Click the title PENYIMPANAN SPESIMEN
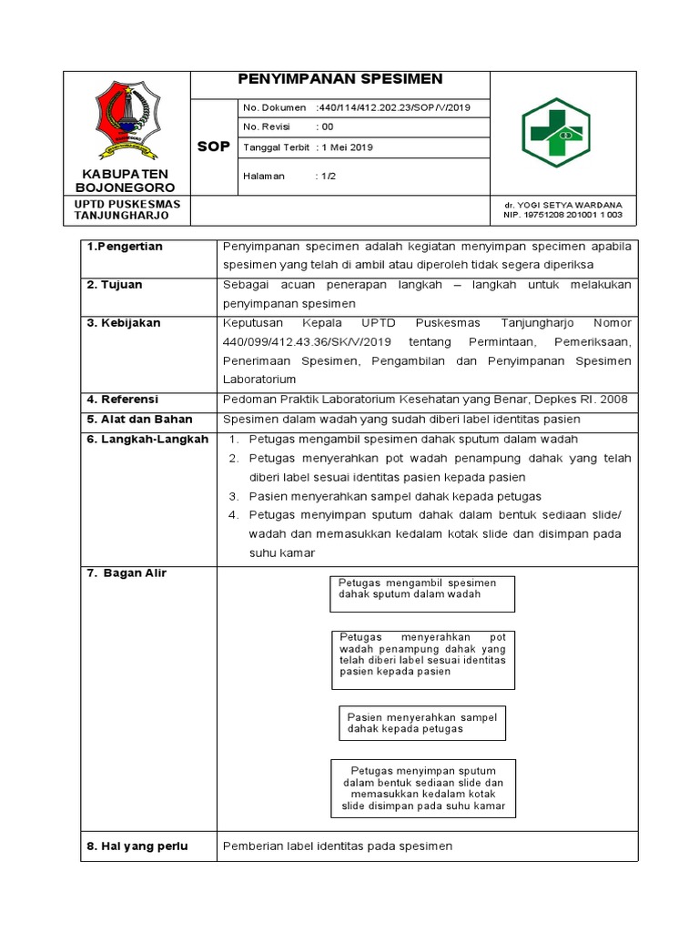point(339,79)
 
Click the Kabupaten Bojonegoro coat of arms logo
point(127,117)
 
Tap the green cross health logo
point(555,133)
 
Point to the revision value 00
point(325,127)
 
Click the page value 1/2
point(326,177)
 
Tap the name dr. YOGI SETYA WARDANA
point(563,205)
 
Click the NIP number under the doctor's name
point(563,216)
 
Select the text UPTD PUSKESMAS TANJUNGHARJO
point(127,210)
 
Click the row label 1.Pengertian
point(124,248)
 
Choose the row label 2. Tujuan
point(115,285)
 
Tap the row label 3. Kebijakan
point(124,323)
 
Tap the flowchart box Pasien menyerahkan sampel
point(421,723)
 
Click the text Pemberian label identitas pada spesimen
point(338,846)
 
